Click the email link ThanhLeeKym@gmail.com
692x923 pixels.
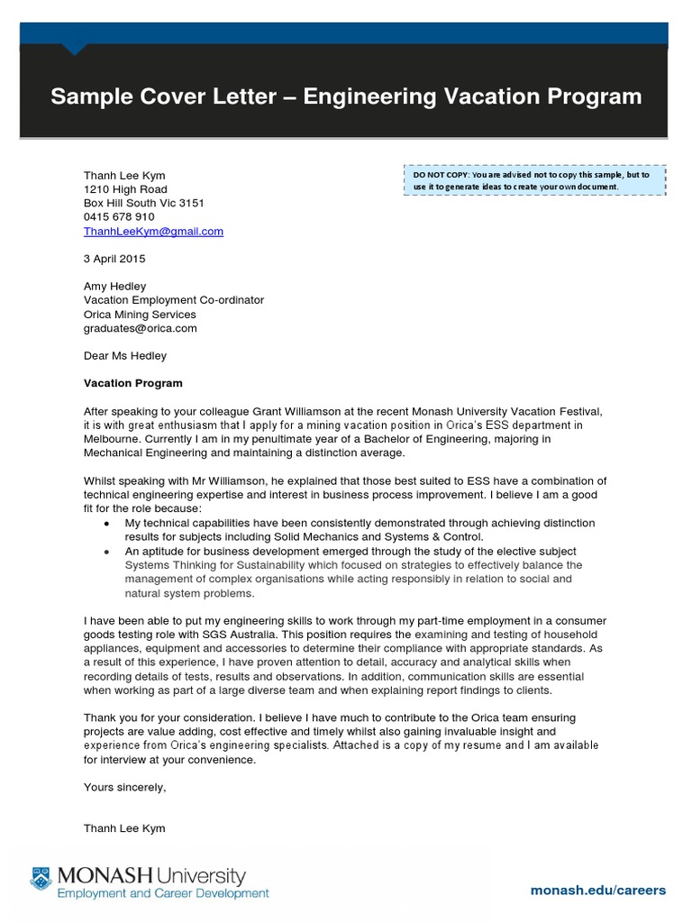coord(153,232)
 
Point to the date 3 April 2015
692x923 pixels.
coord(114,259)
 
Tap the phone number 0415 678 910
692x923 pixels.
coord(119,217)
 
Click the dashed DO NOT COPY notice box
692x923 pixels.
coord(534,180)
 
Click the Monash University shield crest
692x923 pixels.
coord(41,879)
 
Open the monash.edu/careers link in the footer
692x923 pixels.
coord(598,890)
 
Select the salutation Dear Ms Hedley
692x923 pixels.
coord(125,356)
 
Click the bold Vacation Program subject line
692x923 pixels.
coord(132,383)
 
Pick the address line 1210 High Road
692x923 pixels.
coord(125,189)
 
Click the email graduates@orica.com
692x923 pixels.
coord(140,328)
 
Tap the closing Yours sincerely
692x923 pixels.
coord(125,787)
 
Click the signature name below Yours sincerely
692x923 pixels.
coord(124,828)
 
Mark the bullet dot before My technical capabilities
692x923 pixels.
coord(107,524)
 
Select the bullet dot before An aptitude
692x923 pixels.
coord(107,552)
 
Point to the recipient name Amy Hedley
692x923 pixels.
coord(114,287)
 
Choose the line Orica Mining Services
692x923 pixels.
coord(140,315)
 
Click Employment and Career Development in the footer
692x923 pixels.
coord(163,894)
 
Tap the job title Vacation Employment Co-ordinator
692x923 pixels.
coord(174,300)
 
